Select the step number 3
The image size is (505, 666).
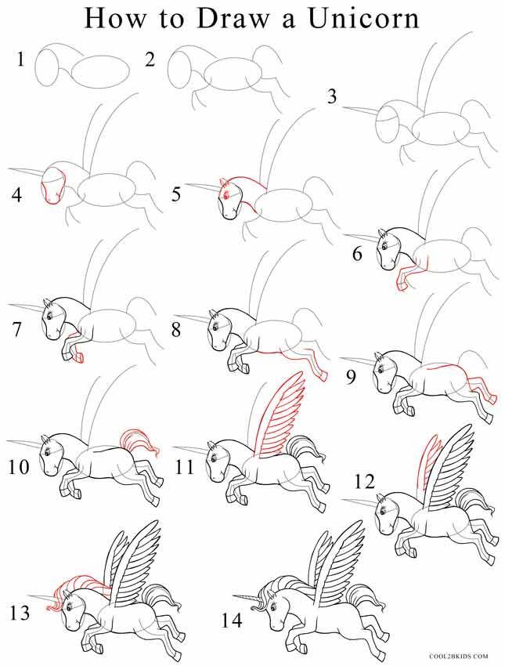click(x=332, y=98)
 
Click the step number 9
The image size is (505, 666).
click(x=352, y=378)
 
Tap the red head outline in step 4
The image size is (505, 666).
click(x=51, y=188)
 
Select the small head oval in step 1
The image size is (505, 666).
click(x=49, y=67)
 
